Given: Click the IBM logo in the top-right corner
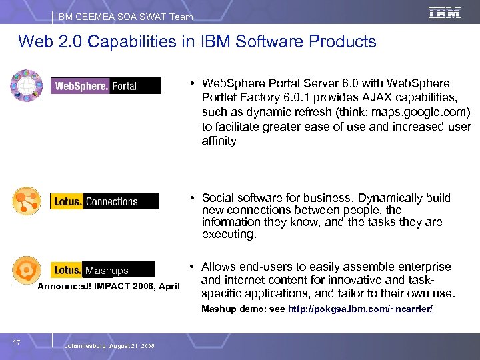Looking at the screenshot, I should tap(444, 13).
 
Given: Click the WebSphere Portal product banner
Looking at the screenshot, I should tap(105, 86).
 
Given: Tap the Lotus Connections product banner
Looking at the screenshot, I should tap(105, 201).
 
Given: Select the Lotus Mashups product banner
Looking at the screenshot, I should tap(104, 270).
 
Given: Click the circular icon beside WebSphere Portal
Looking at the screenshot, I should tap(26, 86).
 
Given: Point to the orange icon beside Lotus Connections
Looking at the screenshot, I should tap(27, 201).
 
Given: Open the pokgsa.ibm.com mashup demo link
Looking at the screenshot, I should tap(360, 309).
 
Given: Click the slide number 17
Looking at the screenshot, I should tap(17, 342).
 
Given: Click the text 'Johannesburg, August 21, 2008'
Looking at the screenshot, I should tap(110, 347).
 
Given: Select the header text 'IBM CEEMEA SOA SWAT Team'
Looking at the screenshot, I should tap(124, 17).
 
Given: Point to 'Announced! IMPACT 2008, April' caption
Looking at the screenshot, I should tap(109, 287).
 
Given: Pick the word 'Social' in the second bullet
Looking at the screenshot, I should tap(219, 198).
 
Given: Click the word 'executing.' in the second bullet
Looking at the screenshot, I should tap(229, 235).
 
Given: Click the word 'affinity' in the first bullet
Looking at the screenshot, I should tap(219, 141).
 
